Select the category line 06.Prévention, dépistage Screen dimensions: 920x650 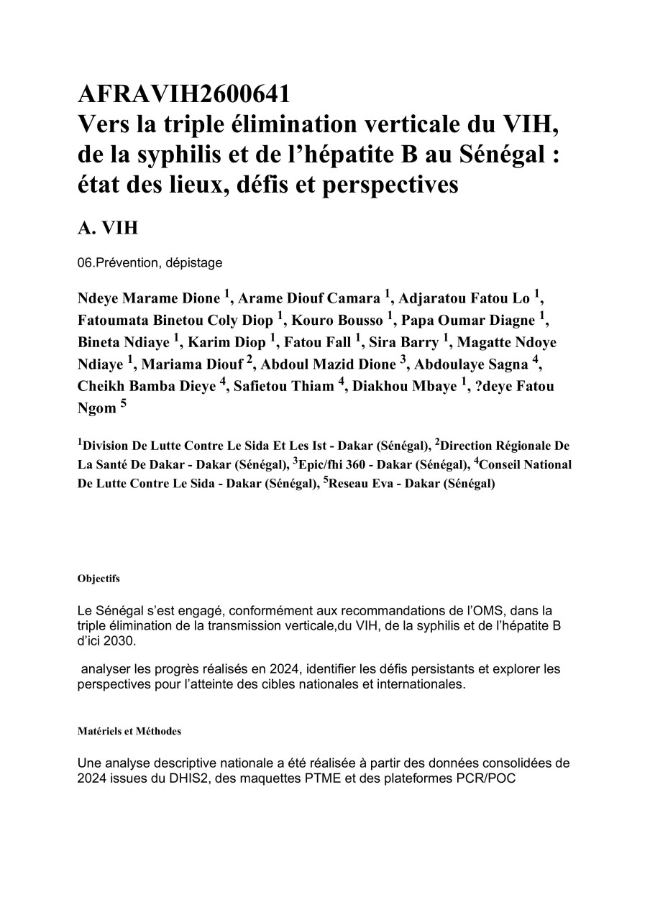(x=150, y=263)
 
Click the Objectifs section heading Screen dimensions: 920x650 (x=99, y=578)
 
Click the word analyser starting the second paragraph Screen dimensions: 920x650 (x=107, y=669)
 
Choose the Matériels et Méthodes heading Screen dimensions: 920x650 (x=129, y=731)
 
